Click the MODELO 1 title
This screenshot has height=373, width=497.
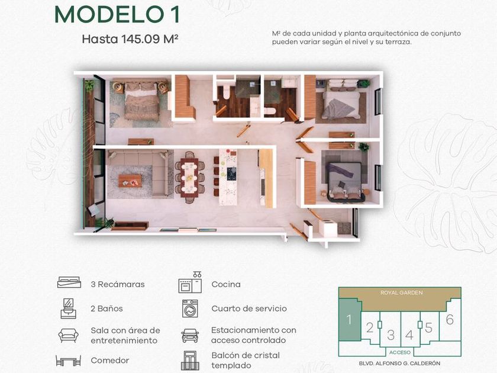point(117,15)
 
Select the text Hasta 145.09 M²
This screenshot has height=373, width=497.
point(130,39)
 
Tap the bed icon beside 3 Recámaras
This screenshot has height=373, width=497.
point(69,282)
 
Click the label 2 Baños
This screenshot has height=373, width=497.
point(106,308)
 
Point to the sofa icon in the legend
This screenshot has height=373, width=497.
point(69,335)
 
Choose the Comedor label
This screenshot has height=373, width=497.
point(109,361)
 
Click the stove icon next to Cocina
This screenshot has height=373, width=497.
point(190,282)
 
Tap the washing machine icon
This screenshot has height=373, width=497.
point(190,308)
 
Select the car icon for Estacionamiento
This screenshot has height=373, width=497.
point(190,335)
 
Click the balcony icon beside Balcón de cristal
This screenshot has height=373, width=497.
point(190,361)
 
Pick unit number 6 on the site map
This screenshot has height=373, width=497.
point(450,319)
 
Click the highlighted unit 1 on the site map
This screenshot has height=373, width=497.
point(350,320)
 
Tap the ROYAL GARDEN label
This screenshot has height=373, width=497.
point(402,292)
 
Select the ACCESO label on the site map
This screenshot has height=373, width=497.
point(400,352)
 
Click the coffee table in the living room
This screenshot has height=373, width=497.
point(130,181)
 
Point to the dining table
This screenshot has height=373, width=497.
point(189,176)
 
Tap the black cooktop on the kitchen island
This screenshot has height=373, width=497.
point(232,174)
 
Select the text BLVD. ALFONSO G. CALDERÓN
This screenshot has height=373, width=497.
point(399,363)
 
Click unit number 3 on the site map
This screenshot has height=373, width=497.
point(390,335)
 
